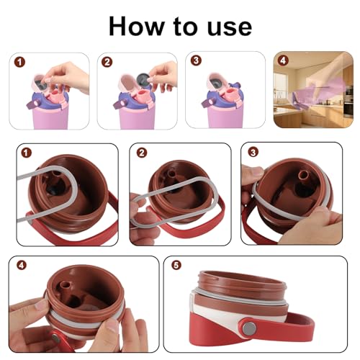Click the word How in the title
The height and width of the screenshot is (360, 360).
136,26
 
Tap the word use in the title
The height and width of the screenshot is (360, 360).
230,28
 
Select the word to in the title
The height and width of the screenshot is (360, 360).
186,27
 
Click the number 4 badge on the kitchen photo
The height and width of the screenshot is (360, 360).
283,60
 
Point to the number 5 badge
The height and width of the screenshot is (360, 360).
176,265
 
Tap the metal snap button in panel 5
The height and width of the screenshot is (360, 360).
248,328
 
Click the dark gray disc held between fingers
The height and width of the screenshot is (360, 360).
143,78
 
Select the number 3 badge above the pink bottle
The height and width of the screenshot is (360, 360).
196,60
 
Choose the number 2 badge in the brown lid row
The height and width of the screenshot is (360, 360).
142,153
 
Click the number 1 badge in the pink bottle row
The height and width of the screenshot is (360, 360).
20,63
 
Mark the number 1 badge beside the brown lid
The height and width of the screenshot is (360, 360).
27,153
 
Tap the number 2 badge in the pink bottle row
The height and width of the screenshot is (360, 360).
107,63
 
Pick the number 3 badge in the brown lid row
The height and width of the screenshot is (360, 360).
253,152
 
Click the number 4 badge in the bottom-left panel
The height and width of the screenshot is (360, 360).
22,265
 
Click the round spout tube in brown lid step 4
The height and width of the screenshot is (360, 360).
66,286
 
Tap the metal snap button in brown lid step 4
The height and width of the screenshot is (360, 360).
56,338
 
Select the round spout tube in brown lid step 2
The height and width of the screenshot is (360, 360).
171,174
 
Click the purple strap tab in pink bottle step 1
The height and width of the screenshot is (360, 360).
34,104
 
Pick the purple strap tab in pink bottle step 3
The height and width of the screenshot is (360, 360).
208,103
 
